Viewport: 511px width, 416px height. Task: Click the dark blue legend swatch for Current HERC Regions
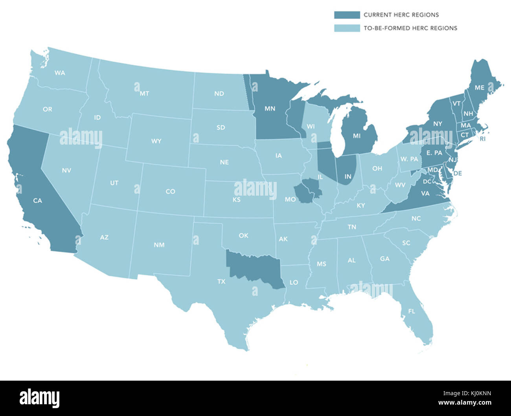(347, 15)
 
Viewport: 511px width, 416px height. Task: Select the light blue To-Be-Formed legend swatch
(347, 28)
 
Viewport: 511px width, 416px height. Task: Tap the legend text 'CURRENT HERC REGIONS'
(401, 15)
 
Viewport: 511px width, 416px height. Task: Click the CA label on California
(37, 201)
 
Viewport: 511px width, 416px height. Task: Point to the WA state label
(60, 73)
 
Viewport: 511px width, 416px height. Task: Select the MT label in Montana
(144, 93)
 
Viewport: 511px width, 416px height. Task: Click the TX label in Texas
(221, 281)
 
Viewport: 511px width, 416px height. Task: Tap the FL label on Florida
(411, 311)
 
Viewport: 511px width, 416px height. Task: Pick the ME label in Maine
(479, 88)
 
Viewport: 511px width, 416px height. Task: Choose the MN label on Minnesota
(270, 108)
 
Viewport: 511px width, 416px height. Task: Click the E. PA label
(434, 153)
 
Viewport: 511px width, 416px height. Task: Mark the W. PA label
(409, 159)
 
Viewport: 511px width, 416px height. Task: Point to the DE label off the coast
(458, 173)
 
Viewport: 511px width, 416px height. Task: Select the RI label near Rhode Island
(482, 139)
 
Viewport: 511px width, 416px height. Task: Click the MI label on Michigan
(357, 136)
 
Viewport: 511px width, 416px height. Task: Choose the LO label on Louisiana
(294, 282)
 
